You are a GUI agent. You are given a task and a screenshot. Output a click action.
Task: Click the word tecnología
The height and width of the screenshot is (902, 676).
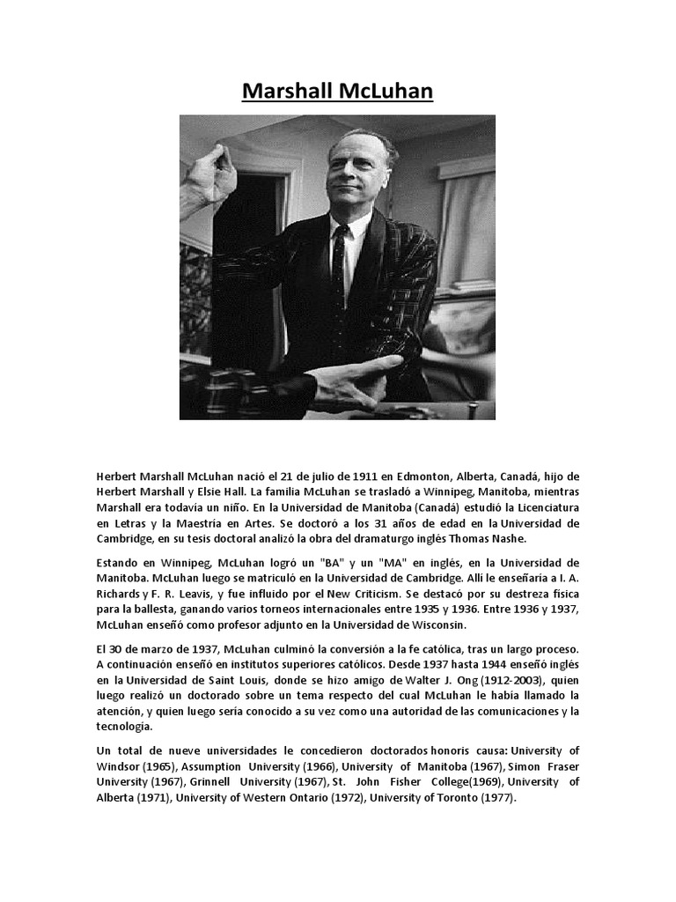click(x=124, y=727)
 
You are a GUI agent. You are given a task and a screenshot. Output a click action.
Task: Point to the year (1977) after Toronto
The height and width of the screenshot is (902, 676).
click(x=496, y=798)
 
